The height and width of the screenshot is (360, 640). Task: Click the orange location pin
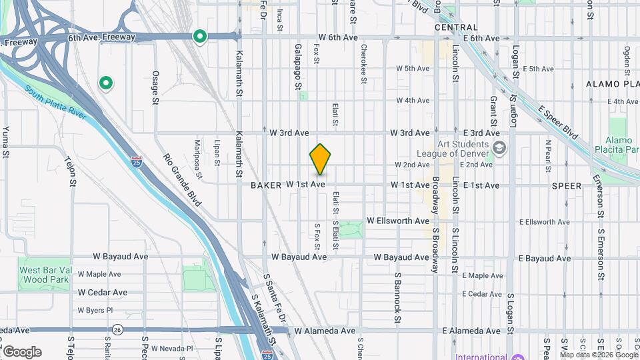[321, 159]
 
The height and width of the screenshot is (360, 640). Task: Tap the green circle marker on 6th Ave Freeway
[199, 37]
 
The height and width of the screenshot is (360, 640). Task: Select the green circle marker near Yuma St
[105, 83]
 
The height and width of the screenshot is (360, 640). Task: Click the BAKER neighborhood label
[266, 185]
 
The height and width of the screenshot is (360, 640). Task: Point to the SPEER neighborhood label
[567, 185]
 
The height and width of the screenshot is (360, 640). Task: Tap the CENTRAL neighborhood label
[456, 28]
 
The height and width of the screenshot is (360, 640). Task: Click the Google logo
[22, 351]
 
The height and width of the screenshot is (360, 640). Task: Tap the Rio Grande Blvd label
[182, 181]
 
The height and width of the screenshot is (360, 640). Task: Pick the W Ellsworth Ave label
[398, 221]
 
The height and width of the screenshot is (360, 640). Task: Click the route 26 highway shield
[118, 329]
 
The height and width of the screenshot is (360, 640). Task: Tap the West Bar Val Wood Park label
[44, 275]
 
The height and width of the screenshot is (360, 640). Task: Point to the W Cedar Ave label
[102, 293]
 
